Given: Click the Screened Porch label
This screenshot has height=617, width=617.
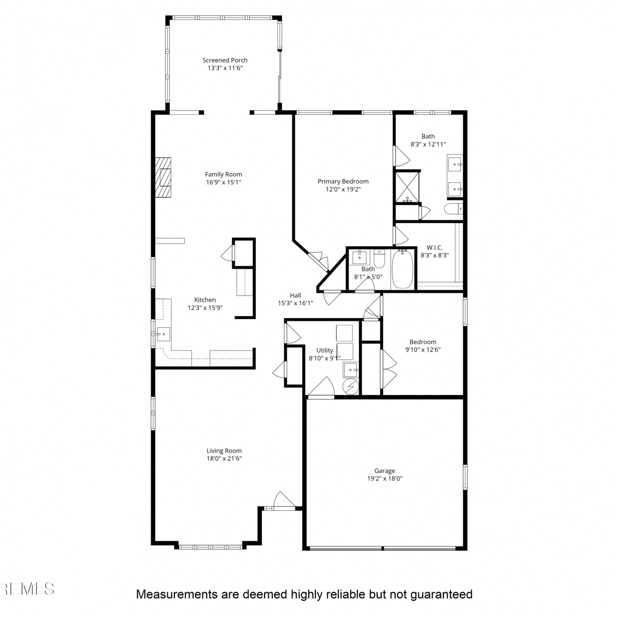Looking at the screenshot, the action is point(225,60).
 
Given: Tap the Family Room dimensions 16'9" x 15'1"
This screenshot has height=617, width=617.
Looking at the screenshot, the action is point(223,182).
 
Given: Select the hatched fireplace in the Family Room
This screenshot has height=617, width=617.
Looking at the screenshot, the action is point(163,177).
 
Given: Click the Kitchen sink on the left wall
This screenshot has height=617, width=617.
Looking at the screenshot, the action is point(163,334).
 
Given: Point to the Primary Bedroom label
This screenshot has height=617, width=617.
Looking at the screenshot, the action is point(343,181).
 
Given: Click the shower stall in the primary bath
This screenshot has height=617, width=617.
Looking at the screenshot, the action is point(407,187).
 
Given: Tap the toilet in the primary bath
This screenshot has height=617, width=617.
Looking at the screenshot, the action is point(453,209).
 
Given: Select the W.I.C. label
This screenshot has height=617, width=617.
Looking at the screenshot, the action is point(434,248).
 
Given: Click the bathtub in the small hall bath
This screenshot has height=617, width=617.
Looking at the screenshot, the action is point(403,269).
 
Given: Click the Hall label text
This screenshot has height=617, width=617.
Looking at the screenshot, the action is point(295,295).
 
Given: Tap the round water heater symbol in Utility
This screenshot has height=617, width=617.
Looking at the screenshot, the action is point(351,387).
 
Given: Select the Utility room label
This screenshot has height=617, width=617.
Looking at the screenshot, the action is point(325,350).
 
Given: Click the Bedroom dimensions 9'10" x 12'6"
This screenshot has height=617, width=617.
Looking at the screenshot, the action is point(423,350).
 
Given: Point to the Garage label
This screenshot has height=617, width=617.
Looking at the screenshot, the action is point(385,471).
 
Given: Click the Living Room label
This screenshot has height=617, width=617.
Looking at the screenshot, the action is point(224,451).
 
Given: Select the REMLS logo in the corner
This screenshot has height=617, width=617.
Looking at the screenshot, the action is point(27,589).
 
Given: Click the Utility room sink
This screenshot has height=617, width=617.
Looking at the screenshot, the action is point(351,370).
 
